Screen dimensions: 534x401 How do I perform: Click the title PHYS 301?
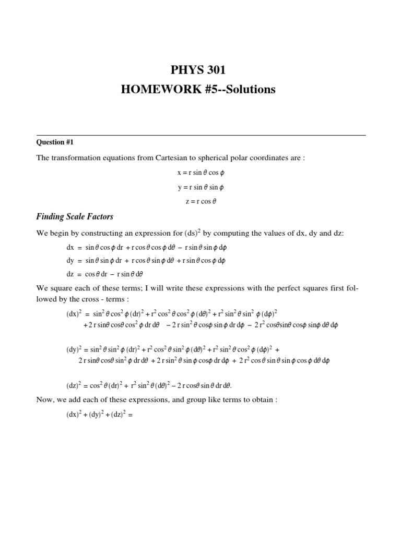[198, 70]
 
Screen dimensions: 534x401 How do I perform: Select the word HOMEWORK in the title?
[153, 90]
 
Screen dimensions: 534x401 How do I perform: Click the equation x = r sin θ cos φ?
[200, 172]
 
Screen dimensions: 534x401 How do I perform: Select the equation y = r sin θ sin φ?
[200, 187]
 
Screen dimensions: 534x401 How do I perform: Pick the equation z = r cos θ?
[200, 201]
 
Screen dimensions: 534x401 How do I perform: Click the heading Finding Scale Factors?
[75, 217]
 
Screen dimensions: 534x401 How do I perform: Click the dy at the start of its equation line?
[71, 260]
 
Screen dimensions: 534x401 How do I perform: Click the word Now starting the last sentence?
[45, 400]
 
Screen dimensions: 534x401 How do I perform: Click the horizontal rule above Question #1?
[200, 136]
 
